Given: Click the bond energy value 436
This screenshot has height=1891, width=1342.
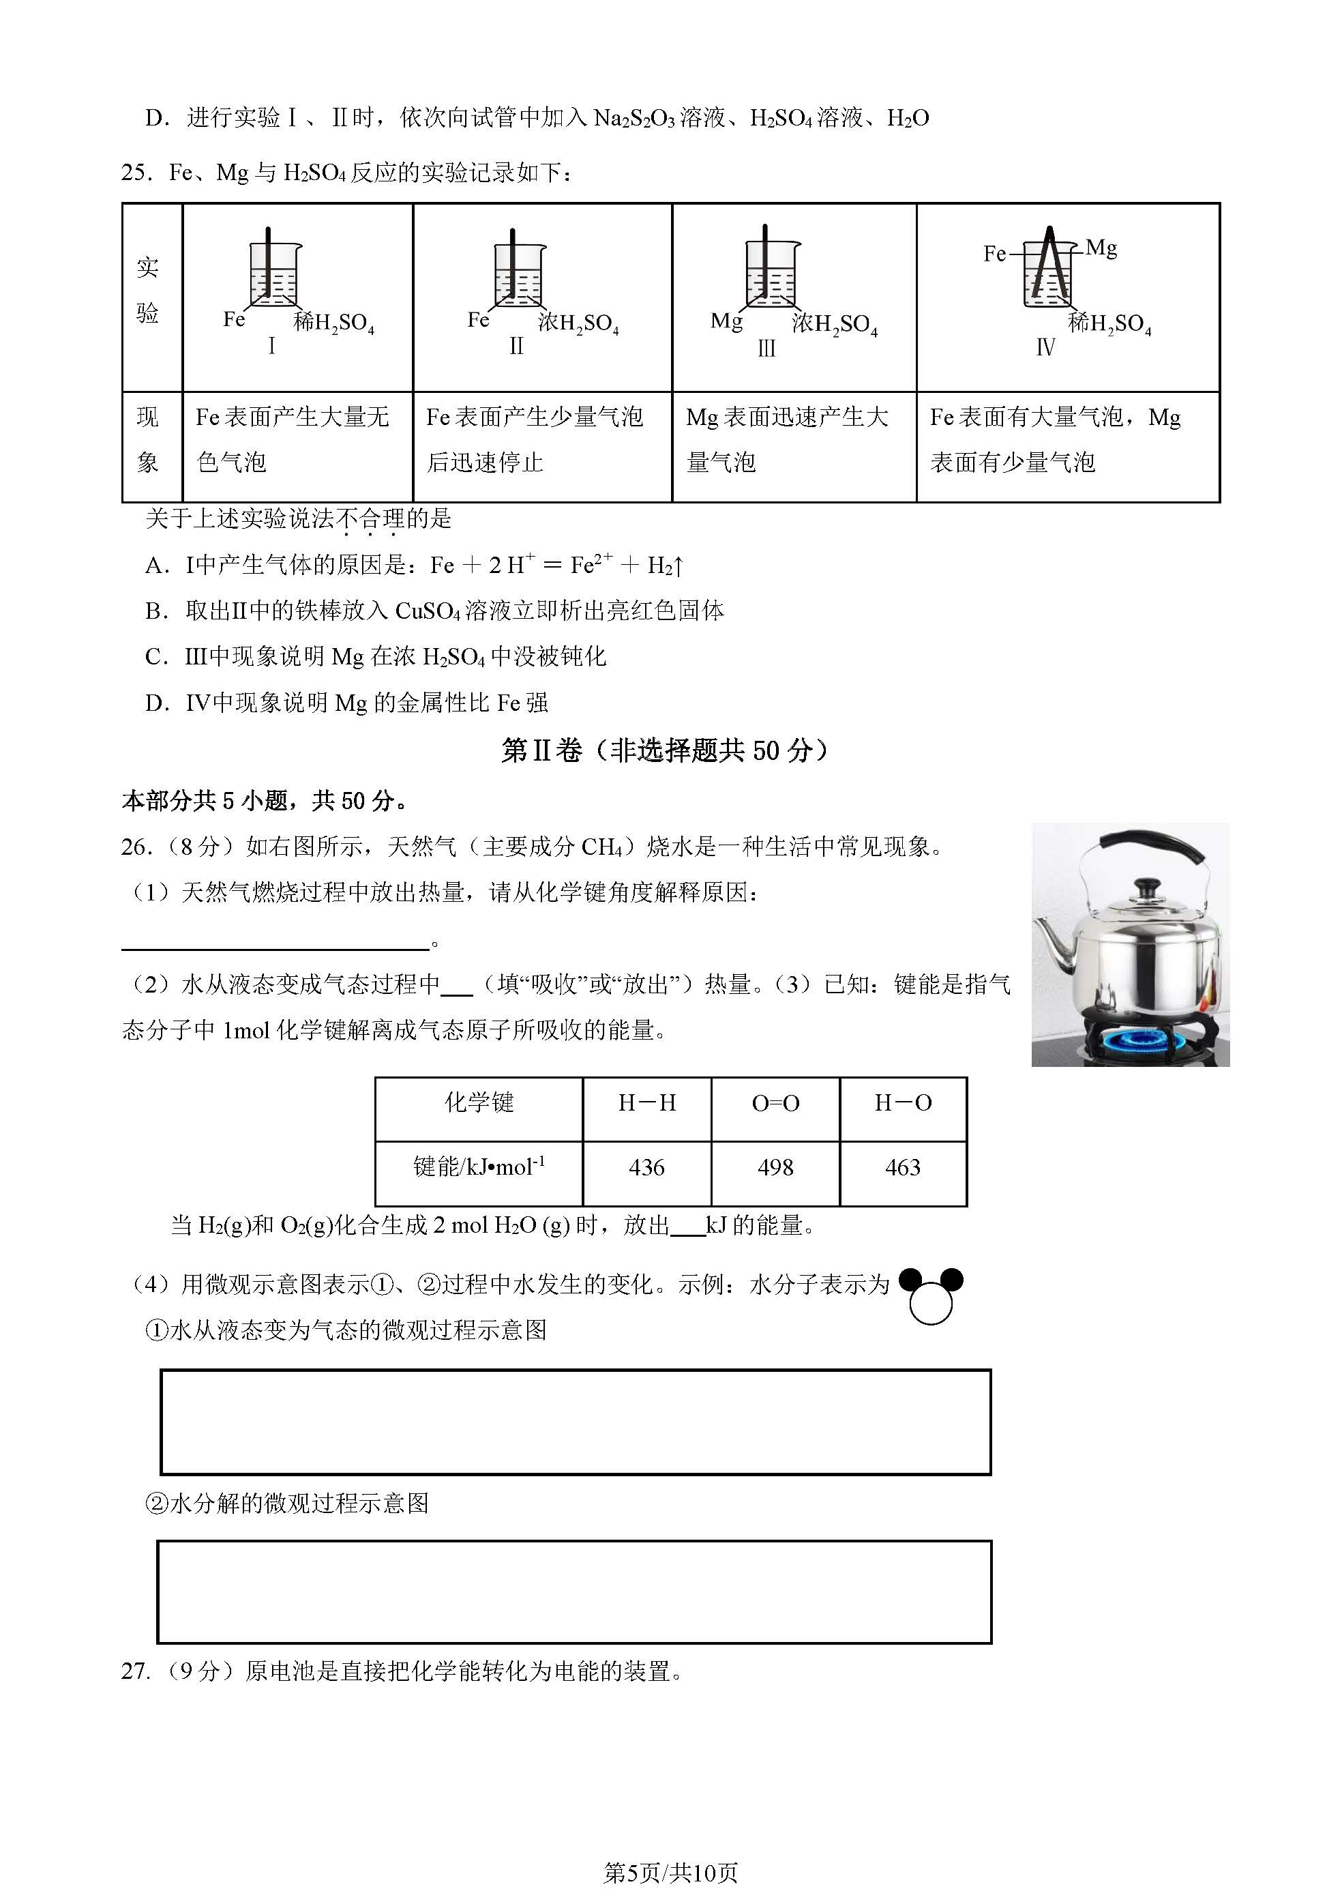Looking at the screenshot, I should point(646,1167).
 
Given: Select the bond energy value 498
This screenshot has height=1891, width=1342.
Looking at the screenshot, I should point(775,1167).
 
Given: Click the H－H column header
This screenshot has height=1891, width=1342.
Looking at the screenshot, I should point(646,1102).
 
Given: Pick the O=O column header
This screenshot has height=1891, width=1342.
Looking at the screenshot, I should point(775,1102).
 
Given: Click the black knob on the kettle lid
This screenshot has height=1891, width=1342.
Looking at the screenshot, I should point(1146,888).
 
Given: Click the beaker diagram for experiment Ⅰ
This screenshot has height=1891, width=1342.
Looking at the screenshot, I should point(274,273).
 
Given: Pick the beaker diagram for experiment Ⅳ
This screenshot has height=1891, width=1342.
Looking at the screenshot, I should point(1048,273).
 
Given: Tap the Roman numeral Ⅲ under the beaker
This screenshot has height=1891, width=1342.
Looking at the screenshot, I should point(766,349).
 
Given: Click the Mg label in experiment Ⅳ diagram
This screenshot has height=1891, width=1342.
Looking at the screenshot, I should point(1101,247).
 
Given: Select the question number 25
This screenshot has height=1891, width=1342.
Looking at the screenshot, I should point(136,173).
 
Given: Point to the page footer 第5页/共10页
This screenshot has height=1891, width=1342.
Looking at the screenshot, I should point(670,1872).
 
